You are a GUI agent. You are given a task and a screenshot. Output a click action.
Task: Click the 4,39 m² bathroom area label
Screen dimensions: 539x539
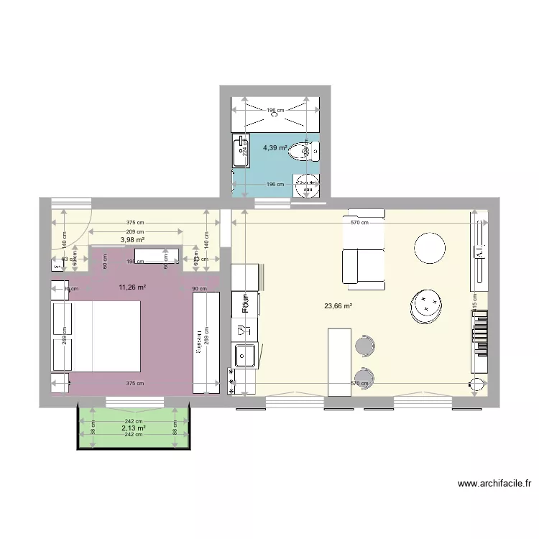(275, 148)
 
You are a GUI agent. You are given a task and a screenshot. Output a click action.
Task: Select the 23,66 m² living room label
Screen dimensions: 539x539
(337, 305)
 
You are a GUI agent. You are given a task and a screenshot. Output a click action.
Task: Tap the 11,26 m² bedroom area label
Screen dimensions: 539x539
(132, 287)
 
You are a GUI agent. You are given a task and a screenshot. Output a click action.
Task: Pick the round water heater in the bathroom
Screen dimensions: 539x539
(308, 185)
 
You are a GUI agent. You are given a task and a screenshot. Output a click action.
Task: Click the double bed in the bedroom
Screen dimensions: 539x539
(96, 336)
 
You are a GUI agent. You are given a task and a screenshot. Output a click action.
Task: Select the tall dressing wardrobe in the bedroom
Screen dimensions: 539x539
(206, 343)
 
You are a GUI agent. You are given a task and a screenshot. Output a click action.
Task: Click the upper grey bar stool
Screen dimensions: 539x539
(364, 346)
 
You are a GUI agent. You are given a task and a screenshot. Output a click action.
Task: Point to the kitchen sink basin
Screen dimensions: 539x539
(246, 354)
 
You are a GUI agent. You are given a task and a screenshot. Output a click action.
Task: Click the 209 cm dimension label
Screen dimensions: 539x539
(135, 231)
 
